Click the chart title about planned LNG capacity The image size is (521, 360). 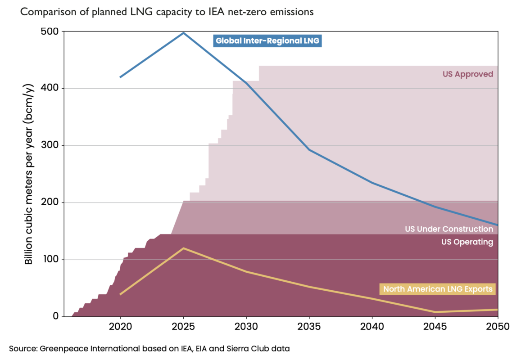167,12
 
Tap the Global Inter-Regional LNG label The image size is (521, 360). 267,41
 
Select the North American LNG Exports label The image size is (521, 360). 437,289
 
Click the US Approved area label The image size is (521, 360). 468,74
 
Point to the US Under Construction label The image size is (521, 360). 449,229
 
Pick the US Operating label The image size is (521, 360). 467,242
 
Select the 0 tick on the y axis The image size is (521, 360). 56,316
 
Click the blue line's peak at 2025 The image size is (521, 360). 183,32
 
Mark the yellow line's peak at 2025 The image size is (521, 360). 183,248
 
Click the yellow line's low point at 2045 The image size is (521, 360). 435,312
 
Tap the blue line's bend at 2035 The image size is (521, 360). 309,149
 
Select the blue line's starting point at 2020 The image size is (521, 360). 120,77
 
